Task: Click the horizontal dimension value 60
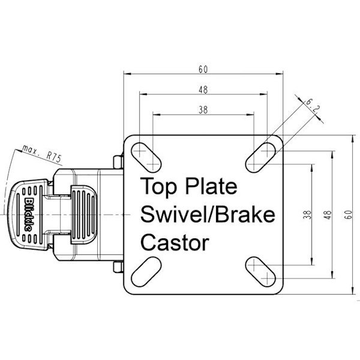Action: point(203,69)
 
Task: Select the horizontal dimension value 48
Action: point(203,90)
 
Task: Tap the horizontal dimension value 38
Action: point(203,110)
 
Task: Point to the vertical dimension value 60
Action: point(349,215)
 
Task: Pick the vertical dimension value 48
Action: point(328,215)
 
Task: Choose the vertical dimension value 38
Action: point(308,215)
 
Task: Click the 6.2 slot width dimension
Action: point(313,106)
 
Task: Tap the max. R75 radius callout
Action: point(42,154)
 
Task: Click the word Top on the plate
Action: point(159,187)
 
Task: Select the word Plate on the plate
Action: point(211,186)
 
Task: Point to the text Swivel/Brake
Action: point(208,214)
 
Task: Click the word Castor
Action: point(175,243)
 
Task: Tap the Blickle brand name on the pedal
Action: point(28,214)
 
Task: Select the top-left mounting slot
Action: point(146,157)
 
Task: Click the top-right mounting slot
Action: point(260,157)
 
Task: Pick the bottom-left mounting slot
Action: point(146,272)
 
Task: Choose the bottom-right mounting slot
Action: point(260,272)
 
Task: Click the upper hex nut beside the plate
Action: point(118,161)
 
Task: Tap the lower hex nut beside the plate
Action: point(118,267)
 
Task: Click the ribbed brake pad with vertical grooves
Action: point(84,214)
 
